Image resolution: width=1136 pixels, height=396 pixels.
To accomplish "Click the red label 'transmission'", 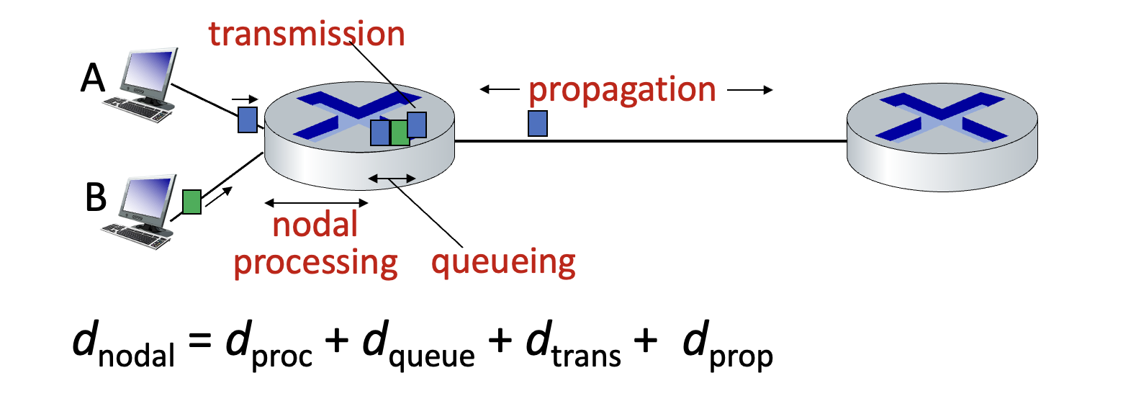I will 307,34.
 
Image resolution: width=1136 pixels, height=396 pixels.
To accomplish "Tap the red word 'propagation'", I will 622,91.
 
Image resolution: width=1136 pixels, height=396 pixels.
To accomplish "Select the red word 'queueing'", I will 503,262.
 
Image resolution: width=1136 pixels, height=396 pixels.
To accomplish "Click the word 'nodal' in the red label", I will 315,225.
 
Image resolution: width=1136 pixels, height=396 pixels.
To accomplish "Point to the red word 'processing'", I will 315,263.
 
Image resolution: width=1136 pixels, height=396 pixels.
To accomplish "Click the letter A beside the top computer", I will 93,78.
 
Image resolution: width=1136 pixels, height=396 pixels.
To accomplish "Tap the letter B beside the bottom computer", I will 95,197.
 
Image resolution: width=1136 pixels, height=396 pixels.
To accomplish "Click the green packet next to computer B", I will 191,202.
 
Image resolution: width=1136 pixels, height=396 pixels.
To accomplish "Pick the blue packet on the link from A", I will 248,120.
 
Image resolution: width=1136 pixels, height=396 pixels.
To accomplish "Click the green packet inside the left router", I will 399,132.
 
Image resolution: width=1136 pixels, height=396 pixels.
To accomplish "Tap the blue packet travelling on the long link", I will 538,123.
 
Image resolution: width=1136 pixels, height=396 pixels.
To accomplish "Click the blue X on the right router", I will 942,117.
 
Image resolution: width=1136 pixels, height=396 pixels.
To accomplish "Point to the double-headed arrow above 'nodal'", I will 316,203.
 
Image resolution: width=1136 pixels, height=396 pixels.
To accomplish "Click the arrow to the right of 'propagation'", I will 749,90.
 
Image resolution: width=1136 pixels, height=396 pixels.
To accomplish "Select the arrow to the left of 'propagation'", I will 499,89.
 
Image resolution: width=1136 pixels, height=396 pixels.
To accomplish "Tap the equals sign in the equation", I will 199,340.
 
